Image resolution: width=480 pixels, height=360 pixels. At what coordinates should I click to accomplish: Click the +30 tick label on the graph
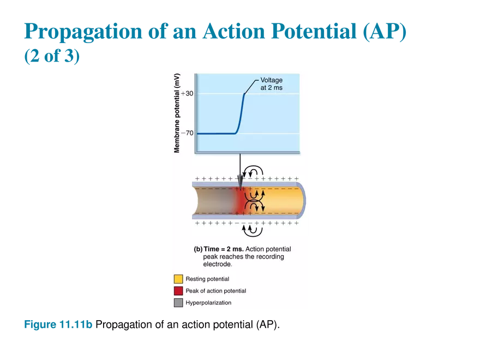[x=187, y=94]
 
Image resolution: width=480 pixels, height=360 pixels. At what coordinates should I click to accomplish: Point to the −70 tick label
[x=187, y=133]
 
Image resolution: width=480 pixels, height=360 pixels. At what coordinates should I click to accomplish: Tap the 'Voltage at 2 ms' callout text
[x=271, y=84]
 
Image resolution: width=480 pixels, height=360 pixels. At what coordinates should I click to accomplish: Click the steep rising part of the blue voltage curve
[x=240, y=115]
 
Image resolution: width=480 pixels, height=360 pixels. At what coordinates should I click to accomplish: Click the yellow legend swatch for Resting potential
[x=178, y=279]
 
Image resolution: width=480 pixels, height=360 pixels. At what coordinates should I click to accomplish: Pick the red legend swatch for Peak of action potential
[x=178, y=291]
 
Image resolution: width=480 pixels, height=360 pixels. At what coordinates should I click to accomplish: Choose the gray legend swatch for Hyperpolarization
[x=178, y=303]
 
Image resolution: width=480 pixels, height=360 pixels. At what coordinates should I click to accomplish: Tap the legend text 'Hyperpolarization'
[x=208, y=303]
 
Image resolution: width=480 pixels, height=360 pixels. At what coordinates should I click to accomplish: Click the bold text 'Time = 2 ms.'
[x=224, y=249]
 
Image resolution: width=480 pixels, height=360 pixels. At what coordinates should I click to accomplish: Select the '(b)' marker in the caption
[x=198, y=249]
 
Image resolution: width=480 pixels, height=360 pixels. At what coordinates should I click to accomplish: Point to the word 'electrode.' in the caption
[x=218, y=264]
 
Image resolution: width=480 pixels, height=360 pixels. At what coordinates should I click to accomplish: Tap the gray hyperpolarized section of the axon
[x=213, y=201]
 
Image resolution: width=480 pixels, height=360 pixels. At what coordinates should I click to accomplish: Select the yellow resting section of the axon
[x=284, y=201]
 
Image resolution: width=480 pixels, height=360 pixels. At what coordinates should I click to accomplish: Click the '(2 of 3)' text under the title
[x=52, y=58]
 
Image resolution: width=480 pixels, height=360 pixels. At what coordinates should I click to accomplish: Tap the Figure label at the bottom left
[x=58, y=325]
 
